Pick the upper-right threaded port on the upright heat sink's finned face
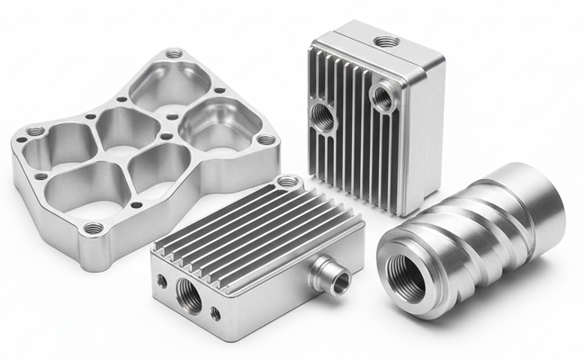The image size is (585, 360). tap(382, 95)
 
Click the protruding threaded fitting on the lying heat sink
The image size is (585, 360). tap(339, 282)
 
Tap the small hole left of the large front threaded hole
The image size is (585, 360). tap(162, 281)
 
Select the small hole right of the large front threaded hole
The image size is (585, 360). tap(215, 313)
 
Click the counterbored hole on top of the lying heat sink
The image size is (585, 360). tap(287, 182)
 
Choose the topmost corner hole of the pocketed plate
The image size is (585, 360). tap(174, 55)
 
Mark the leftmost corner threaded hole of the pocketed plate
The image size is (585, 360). tap(35, 131)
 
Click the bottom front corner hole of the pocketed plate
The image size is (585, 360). tap(93, 229)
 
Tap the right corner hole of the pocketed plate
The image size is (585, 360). tap(265, 140)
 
